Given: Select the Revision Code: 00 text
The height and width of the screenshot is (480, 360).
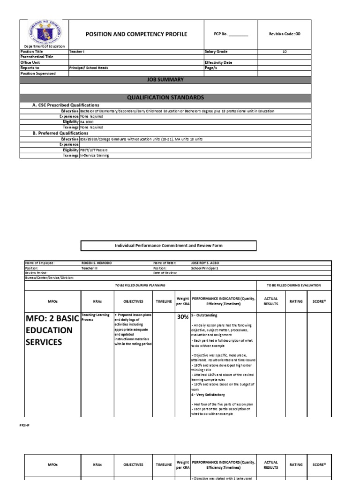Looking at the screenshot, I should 297,34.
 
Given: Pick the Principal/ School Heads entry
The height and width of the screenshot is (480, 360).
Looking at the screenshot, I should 89,68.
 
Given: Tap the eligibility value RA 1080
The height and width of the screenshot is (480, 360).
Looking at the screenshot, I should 87,121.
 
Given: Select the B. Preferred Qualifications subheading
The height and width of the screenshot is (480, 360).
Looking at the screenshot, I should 60,133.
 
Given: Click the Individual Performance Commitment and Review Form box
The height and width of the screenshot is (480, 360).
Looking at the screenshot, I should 169,246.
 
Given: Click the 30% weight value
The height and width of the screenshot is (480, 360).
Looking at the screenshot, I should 182,317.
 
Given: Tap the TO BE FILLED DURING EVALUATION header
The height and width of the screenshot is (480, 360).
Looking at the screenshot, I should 293,285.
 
